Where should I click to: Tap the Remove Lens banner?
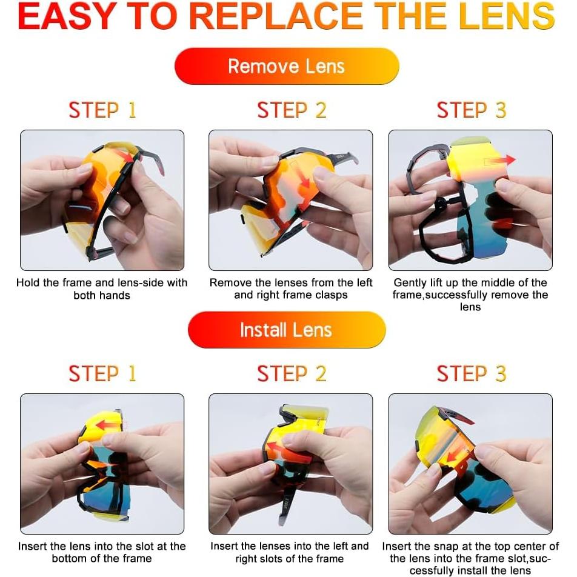(287, 66)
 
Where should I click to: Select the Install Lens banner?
(286, 330)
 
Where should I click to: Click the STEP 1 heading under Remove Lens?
(102, 110)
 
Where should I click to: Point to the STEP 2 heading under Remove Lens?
(292, 110)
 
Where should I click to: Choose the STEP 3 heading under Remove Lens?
(471, 110)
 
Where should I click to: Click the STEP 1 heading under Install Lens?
(102, 374)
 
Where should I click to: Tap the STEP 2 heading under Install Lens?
(292, 374)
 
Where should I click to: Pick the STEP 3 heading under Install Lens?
(471, 374)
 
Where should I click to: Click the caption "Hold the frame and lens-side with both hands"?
(102, 289)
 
